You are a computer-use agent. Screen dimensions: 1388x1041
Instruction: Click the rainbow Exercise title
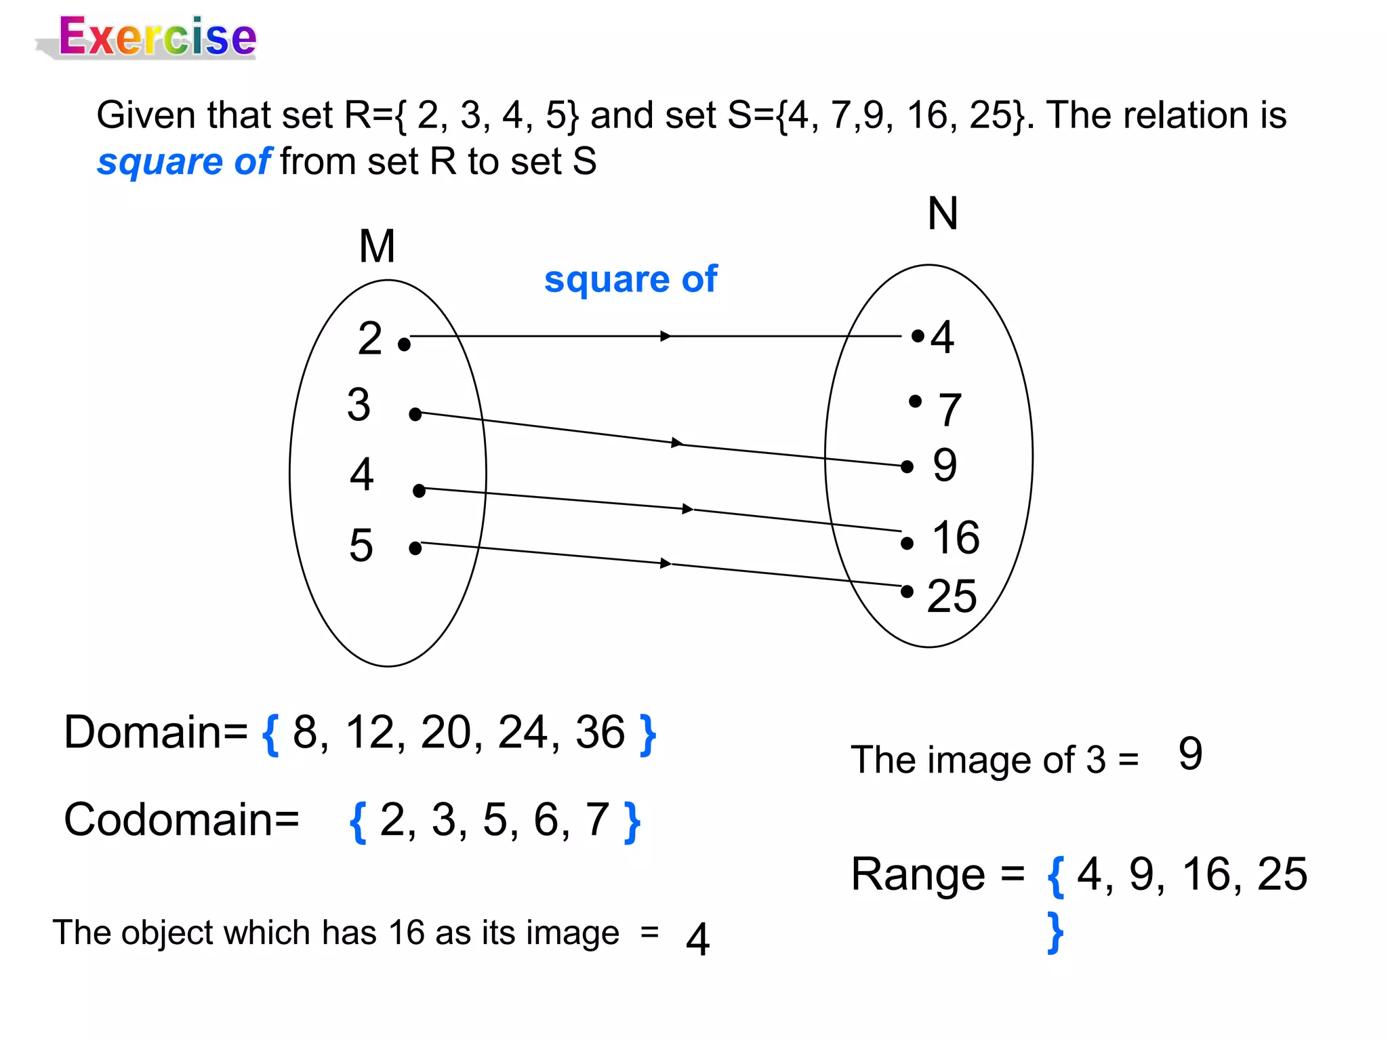pos(157,37)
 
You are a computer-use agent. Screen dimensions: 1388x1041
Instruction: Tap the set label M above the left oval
pos(377,246)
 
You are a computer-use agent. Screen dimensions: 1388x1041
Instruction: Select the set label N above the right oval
pos(943,213)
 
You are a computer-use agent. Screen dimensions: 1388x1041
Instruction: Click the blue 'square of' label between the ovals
pos(630,279)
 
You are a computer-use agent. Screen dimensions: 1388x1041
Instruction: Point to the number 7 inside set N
pos(950,409)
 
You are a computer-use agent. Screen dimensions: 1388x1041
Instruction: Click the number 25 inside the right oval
pos(952,596)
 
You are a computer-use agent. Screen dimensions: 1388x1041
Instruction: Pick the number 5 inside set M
pos(361,545)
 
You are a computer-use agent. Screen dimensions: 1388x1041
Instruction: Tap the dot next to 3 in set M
pos(415,414)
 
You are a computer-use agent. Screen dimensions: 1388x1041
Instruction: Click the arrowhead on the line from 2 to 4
pos(666,336)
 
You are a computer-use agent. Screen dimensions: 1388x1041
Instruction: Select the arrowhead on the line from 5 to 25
pos(666,563)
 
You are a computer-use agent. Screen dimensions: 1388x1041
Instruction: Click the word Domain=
pos(156,733)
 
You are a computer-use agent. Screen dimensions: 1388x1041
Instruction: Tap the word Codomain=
pos(182,819)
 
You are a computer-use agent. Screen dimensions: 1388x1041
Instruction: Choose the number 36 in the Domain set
pos(600,733)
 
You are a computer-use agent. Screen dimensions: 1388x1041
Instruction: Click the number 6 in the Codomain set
pos(546,819)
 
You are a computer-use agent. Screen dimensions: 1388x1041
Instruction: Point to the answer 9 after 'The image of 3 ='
pos(1191,754)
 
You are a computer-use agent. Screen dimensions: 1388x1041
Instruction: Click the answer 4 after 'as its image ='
pos(697,939)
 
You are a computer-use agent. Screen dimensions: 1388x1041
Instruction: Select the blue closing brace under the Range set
pos(1055,933)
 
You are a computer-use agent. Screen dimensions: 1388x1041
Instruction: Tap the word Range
pos(918,874)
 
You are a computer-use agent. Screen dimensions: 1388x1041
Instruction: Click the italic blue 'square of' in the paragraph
pos(184,162)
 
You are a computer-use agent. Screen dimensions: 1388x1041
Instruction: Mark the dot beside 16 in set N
pos(907,544)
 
